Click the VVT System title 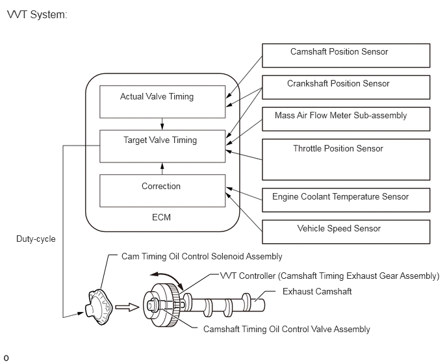click(37, 14)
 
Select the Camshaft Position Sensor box click(346, 56)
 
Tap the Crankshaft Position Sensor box click(346, 87)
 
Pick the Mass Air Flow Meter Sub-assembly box click(346, 119)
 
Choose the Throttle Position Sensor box click(346, 159)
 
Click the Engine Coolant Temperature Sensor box click(346, 200)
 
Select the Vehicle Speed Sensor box click(346, 231)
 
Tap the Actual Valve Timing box click(162, 101)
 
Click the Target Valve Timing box click(162, 146)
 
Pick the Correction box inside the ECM click(162, 190)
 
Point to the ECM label click(161, 217)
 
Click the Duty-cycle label click(36, 239)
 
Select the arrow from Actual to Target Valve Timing click(162, 124)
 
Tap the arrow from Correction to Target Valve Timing click(162, 168)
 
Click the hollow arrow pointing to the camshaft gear click(127, 307)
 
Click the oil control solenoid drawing click(99, 307)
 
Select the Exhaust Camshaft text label click(317, 292)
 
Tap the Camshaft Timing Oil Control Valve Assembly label click(287, 329)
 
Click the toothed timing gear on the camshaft click(173, 305)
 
